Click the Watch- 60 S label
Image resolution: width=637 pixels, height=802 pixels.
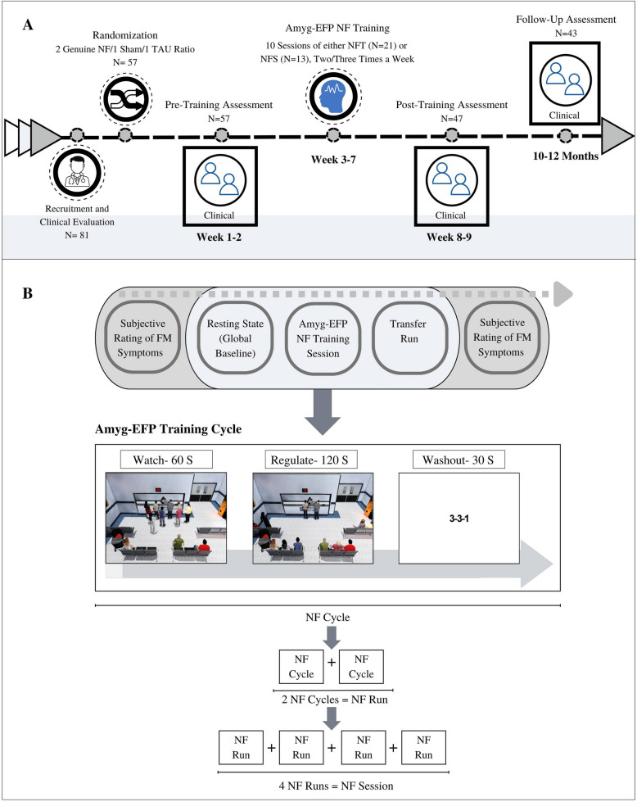159,459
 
